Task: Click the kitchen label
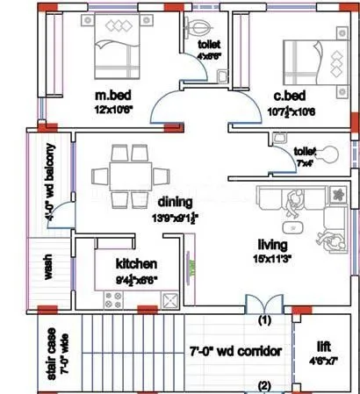(x=136, y=263)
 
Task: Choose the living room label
(x=275, y=245)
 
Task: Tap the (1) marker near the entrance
(x=262, y=321)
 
